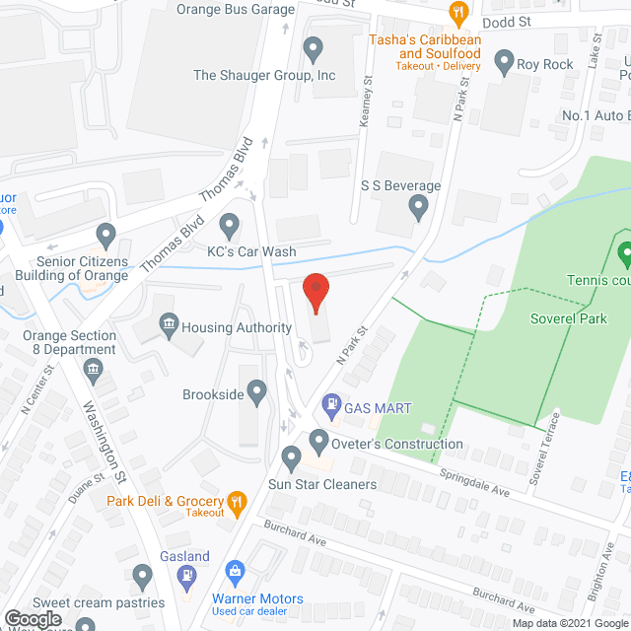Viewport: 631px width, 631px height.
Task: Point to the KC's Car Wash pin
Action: point(229,226)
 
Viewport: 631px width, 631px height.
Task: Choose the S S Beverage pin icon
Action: point(418,207)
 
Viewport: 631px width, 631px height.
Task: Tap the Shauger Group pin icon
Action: point(313,46)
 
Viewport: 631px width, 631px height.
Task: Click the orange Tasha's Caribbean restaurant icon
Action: point(457,13)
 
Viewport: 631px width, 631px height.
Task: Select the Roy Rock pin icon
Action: point(505,64)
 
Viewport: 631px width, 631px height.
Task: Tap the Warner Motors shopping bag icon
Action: point(235,571)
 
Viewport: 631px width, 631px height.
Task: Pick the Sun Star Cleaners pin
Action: point(291,457)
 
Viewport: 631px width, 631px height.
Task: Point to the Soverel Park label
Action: point(568,318)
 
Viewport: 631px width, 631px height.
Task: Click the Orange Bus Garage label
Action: point(236,10)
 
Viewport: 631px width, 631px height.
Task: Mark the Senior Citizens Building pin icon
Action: point(106,235)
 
